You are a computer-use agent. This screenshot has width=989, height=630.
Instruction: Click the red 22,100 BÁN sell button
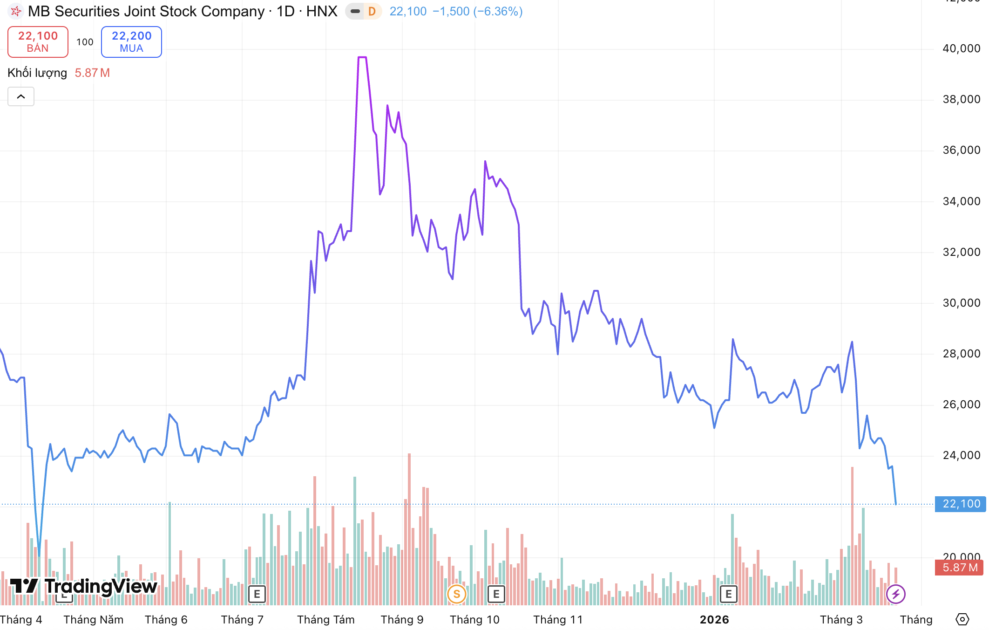pyautogui.click(x=38, y=42)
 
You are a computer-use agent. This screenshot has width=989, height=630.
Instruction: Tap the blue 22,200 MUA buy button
pyautogui.click(x=131, y=42)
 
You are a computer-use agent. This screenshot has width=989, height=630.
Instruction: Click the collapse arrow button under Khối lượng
pyautogui.click(x=21, y=96)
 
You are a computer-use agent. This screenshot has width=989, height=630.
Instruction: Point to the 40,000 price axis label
pyautogui.click(x=961, y=48)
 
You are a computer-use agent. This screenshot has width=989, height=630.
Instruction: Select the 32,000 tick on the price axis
pyautogui.click(x=961, y=252)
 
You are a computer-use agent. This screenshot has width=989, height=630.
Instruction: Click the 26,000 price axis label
pyautogui.click(x=961, y=404)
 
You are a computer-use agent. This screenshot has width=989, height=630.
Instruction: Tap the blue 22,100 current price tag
pyautogui.click(x=961, y=504)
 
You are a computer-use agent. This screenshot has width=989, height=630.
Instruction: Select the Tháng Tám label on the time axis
pyautogui.click(x=325, y=620)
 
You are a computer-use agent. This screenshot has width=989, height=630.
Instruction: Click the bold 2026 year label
pyautogui.click(x=714, y=620)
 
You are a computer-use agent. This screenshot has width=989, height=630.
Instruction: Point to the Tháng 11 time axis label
pyautogui.click(x=558, y=620)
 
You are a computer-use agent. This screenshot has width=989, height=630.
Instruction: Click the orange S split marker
pyautogui.click(x=456, y=594)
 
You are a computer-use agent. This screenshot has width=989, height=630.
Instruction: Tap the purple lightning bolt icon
pyautogui.click(x=895, y=594)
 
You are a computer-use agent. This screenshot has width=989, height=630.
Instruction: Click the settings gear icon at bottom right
pyautogui.click(x=962, y=619)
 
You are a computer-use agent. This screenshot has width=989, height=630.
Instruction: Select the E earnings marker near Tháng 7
pyautogui.click(x=257, y=594)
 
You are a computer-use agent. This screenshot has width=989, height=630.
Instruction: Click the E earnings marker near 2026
pyautogui.click(x=728, y=594)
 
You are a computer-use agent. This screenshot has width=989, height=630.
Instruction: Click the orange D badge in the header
pyautogui.click(x=372, y=11)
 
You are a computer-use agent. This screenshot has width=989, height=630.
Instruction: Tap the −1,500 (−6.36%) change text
pyautogui.click(x=477, y=11)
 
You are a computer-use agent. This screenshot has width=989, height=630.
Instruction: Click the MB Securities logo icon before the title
pyautogui.click(x=16, y=11)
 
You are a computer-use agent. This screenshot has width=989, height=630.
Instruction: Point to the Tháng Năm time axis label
pyautogui.click(x=93, y=620)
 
